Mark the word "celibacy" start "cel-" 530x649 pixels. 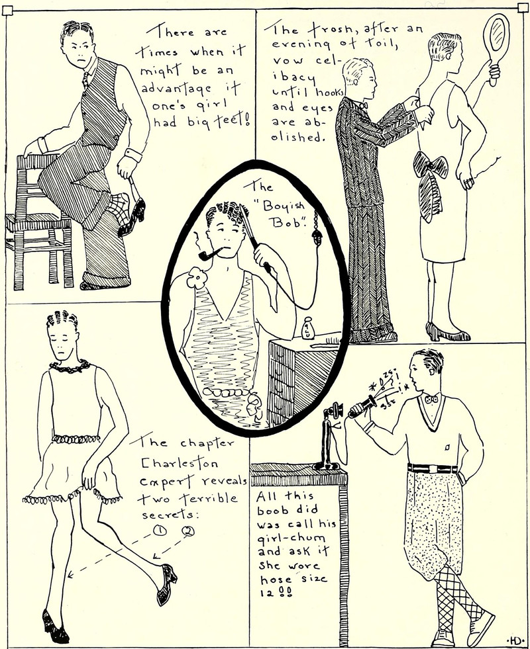[327, 61]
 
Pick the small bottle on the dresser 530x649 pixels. [307, 329]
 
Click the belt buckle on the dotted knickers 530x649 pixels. [433, 469]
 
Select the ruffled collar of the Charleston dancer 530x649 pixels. [70, 367]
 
